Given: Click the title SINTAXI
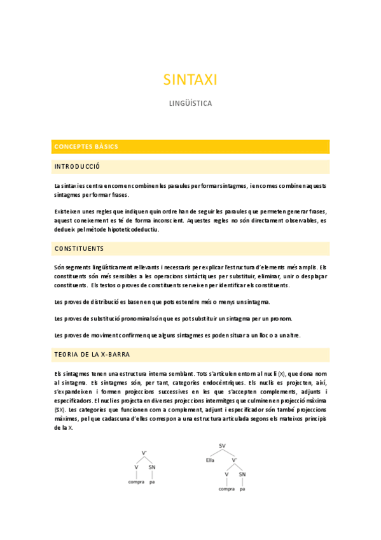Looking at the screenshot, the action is coord(190,80).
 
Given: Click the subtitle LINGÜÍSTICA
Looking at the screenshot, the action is coord(190,103).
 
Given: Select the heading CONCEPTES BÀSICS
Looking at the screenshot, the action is coord(87,146).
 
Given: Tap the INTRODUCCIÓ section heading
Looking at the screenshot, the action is coord(78,167).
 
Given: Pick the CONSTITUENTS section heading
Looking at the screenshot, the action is coord(79,248).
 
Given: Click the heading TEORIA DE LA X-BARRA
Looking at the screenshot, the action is coord(92,354).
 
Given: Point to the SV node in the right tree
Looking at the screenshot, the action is coord(223,446).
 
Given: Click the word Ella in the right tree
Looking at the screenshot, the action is coord(211,459).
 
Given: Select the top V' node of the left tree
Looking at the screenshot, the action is coord(144,453).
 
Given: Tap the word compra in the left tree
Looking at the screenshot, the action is coord(136,482).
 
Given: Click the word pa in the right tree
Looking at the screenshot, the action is coord(242,488).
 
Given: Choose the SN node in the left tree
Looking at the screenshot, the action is coord(152,468).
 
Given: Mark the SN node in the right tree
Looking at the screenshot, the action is coord(242,474).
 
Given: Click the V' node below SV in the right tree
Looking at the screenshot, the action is coord(234,459).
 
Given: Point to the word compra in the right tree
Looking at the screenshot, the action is coord(226,488).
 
